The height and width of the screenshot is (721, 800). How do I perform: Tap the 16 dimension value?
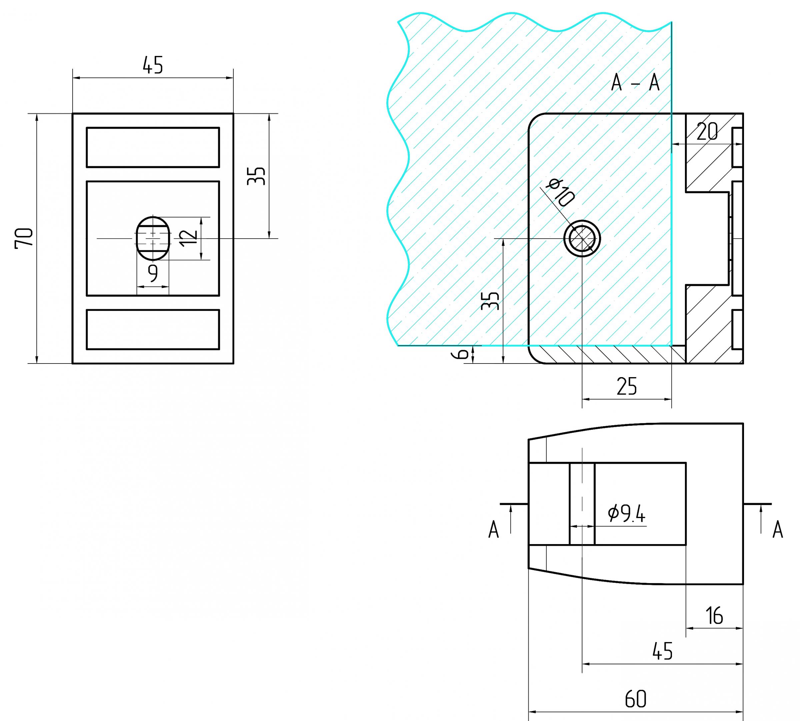[x=714, y=616]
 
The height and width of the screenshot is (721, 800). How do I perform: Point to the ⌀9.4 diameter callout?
[x=626, y=514]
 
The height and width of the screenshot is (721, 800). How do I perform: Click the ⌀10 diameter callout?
[x=560, y=193]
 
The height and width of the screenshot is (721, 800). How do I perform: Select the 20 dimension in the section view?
[x=707, y=132]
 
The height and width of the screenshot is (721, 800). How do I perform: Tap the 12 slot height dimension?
[x=188, y=238]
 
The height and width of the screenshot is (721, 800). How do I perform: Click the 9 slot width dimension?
[x=153, y=273]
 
